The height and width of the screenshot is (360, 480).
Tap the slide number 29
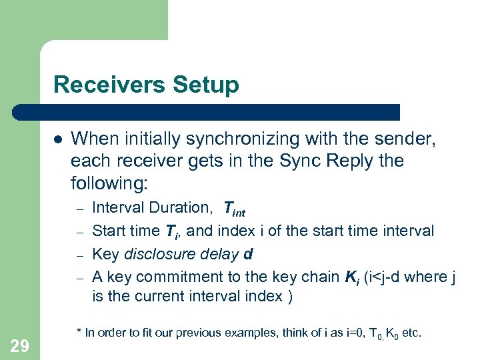[20, 345]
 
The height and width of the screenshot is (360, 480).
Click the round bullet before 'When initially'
[58, 139]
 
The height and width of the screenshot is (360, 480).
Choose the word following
[107, 182]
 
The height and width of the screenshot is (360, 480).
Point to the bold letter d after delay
[248, 254]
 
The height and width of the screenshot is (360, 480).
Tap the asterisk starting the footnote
[79, 331]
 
